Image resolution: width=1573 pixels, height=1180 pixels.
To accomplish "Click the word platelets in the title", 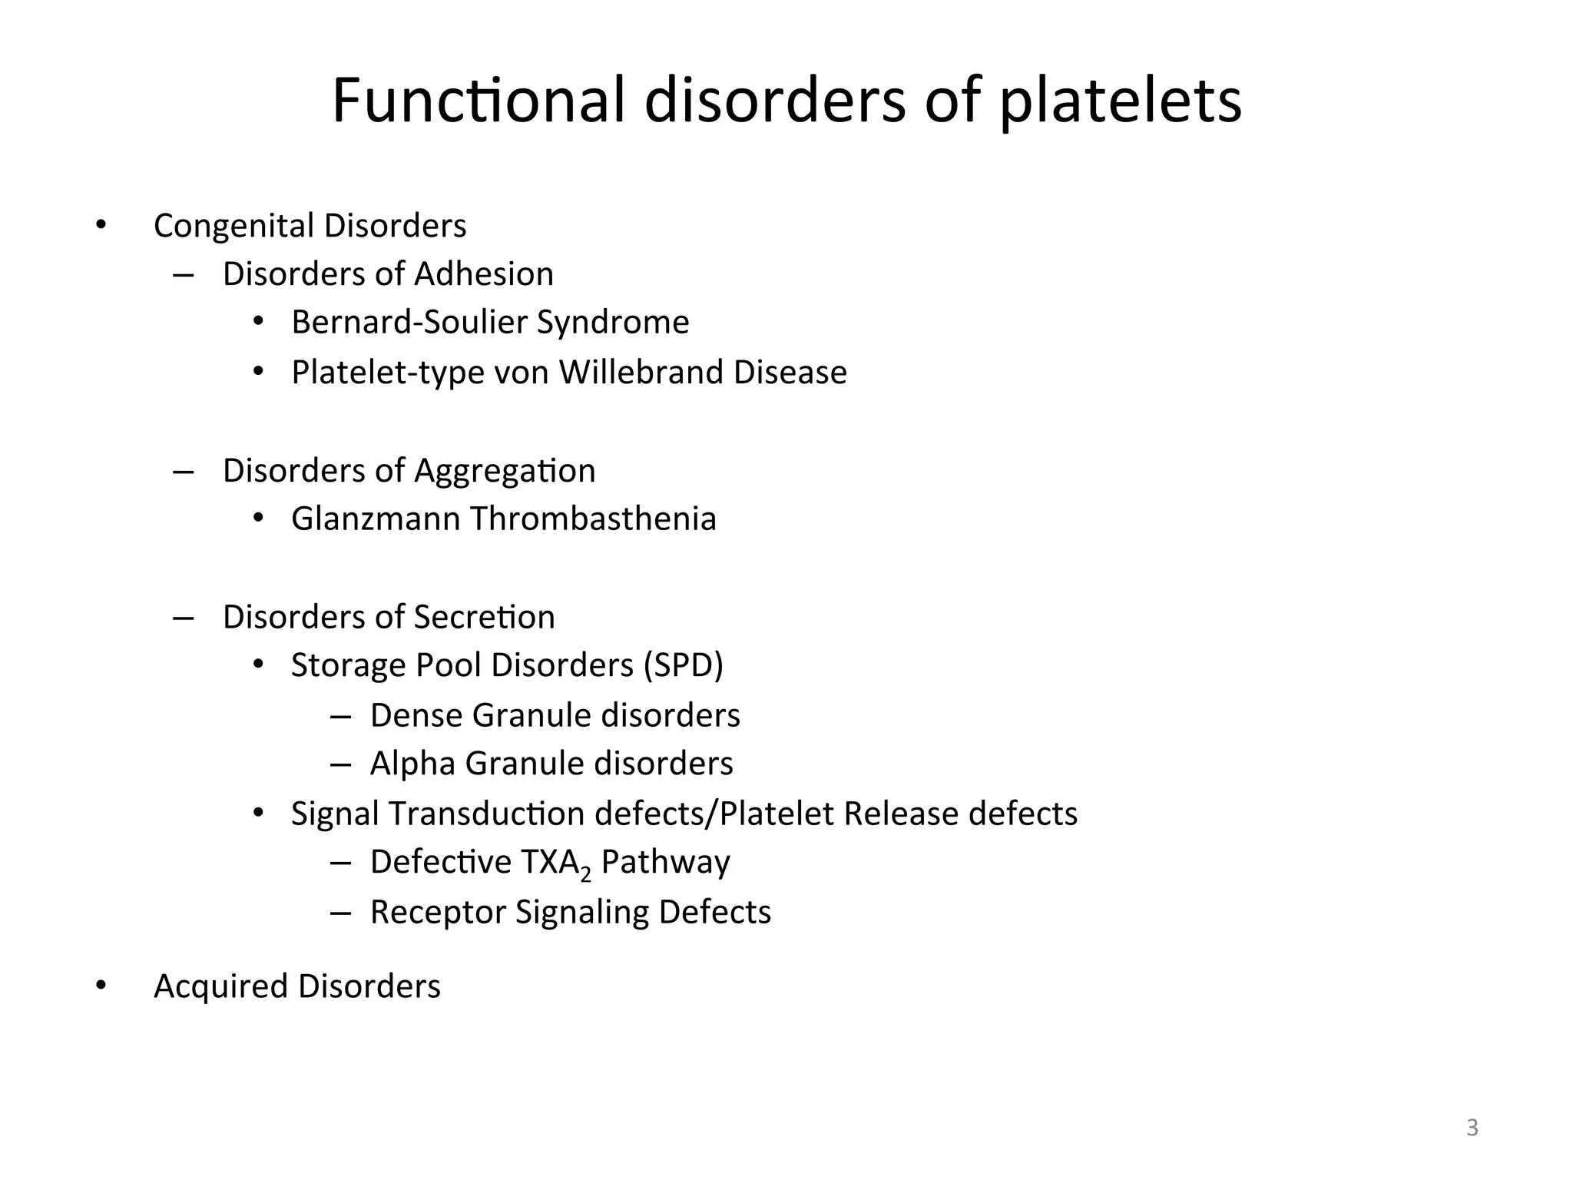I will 1120,101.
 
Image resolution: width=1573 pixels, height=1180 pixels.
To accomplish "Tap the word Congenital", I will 234,226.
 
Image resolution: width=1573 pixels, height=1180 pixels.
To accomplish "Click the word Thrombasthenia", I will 593,519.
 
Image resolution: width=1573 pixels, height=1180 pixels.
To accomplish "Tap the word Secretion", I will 484,617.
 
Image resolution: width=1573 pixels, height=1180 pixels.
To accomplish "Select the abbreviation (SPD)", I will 684,665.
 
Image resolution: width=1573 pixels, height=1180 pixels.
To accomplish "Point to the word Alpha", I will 413,764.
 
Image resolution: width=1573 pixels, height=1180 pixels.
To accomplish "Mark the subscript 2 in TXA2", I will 586,873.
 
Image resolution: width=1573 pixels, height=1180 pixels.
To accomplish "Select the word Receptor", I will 438,912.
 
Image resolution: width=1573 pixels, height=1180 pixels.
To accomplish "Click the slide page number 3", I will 1472,1128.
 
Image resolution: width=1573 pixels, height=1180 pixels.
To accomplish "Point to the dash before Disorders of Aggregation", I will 183,471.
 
